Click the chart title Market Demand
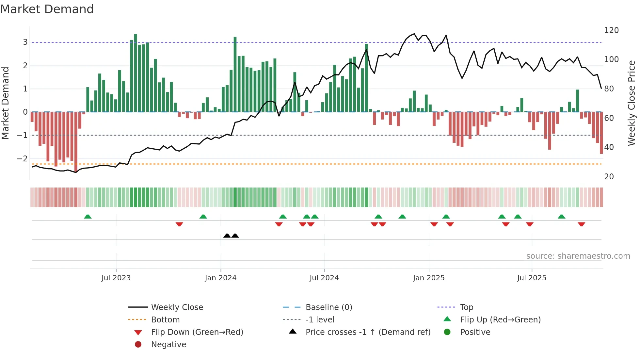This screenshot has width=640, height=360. pos(47,9)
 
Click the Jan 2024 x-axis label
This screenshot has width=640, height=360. pos(220,278)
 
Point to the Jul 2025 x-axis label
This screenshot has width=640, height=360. pos(531,278)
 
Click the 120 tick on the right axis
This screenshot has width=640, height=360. pos(611,30)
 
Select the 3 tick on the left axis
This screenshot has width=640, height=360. pos(25,42)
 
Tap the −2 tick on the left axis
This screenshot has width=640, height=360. pos(22,158)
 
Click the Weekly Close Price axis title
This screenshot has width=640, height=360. pos(632,103)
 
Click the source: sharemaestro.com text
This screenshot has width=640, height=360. pos(578,256)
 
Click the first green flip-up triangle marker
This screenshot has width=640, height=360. pos(88,217)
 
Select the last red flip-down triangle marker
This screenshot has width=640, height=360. pos(581,224)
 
